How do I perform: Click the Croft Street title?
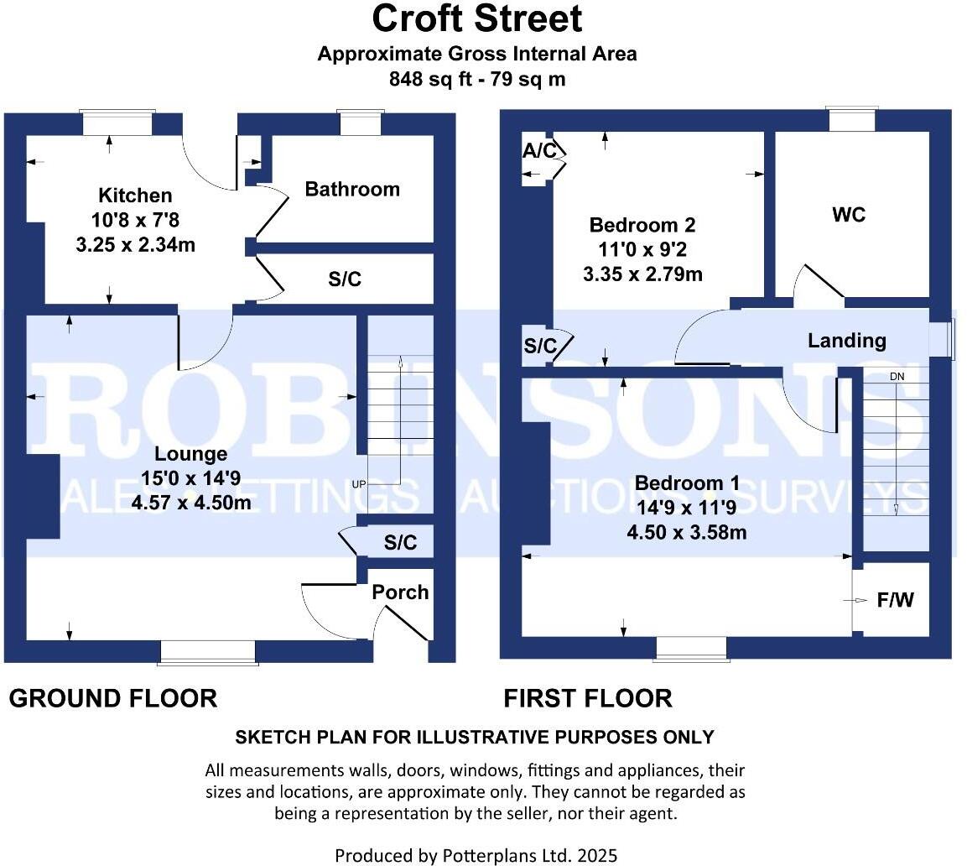pos(476,18)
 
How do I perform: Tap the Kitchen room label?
pos(135,196)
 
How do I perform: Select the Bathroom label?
pos(352,189)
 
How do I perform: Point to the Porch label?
pos(400,592)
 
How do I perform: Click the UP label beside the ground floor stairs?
pos(359,484)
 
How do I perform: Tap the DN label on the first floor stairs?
pos(897,377)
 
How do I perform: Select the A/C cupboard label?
pos(538,151)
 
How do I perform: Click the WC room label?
pos(848,215)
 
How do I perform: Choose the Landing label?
pos(846,340)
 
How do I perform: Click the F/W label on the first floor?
pos(897,600)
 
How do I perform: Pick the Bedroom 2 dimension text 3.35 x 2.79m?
pos(642,274)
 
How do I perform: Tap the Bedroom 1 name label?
pos(687,483)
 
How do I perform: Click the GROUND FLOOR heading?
pos(113,698)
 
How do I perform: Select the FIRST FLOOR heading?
pos(587,698)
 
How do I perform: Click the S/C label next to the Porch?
pos(400,542)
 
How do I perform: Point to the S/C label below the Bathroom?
pos(345,279)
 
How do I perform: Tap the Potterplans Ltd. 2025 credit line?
pos(476,855)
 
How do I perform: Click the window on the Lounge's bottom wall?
pos(208,653)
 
